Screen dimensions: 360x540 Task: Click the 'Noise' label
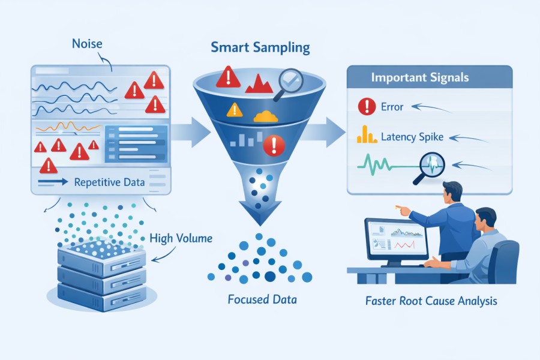coord(86,44)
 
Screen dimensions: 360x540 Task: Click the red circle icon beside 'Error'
coord(365,107)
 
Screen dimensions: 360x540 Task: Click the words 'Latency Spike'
coord(412,137)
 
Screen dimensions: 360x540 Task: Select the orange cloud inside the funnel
coord(266,115)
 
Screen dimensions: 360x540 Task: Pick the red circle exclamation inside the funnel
coord(274,143)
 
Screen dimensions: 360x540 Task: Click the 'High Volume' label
coord(181,239)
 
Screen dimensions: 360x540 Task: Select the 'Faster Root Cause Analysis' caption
coord(431,300)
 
